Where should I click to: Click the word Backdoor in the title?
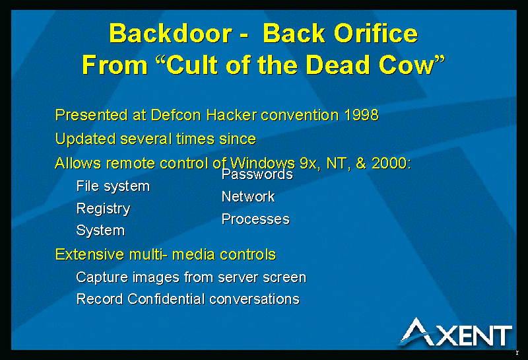point(171,34)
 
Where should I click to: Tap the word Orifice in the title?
point(376,33)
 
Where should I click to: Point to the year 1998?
point(361,115)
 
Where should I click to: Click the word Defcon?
point(176,115)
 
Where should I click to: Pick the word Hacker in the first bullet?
point(232,115)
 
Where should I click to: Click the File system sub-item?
point(113,186)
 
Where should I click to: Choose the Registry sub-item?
point(103,209)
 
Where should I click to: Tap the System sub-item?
point(100,231)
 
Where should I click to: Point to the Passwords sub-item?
point(257,174)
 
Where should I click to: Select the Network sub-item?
point(248,197)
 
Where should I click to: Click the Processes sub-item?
point(255,219)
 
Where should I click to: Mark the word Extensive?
point(90,254)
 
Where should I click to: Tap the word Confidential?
point(166,299)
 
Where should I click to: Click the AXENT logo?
point(456,332)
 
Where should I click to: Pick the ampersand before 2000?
point(360,163)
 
